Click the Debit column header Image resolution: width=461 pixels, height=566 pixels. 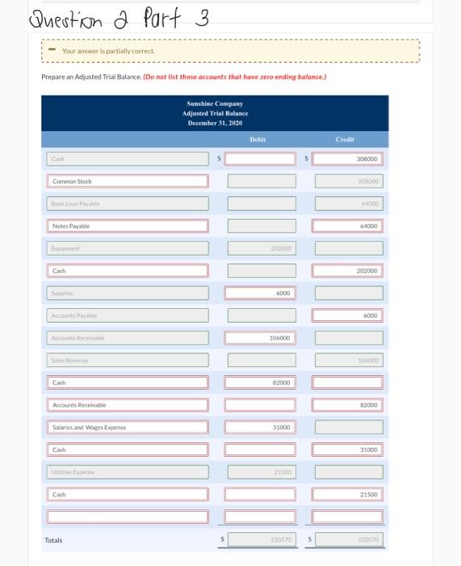pos(258,139)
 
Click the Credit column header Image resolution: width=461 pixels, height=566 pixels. pos(346,139)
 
